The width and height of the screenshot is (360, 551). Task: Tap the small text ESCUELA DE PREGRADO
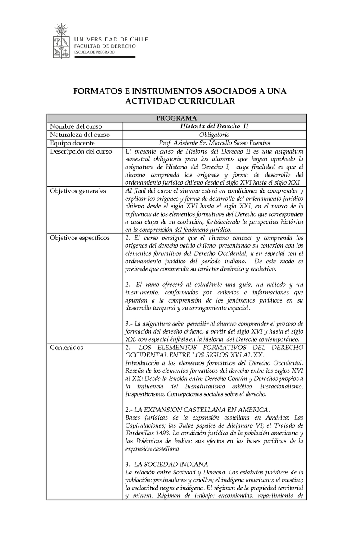(x=94, y=52)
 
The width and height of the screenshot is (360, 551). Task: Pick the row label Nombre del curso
(x=76, y=126)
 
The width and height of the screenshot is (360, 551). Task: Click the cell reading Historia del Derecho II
(x=214, y=126)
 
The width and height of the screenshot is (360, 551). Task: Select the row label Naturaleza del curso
(x=80, y=135)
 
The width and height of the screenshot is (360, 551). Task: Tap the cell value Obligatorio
(x=214, y=135)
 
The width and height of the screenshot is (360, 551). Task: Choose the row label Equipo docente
(x=72, y=143)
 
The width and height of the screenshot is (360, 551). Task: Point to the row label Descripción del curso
(x=81, y=151)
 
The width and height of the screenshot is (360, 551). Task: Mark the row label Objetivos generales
(x=78, y=191)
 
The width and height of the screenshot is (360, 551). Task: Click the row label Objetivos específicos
(x=80, y=238)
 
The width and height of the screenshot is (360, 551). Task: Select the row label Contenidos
(x=66, y=348)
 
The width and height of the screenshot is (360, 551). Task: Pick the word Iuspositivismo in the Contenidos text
(x=146, y=394)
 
